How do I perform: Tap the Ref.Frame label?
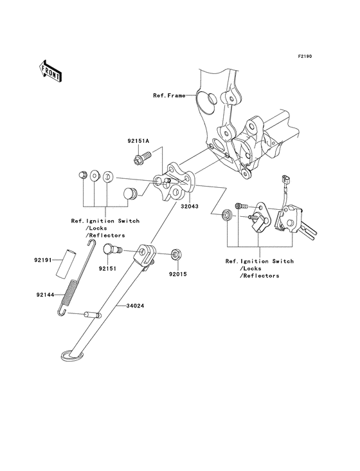point(168,96)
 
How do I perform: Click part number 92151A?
point(137,140)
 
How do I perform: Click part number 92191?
point(43,261)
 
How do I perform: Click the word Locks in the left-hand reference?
point(100,228)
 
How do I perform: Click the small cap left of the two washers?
point(82,174)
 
